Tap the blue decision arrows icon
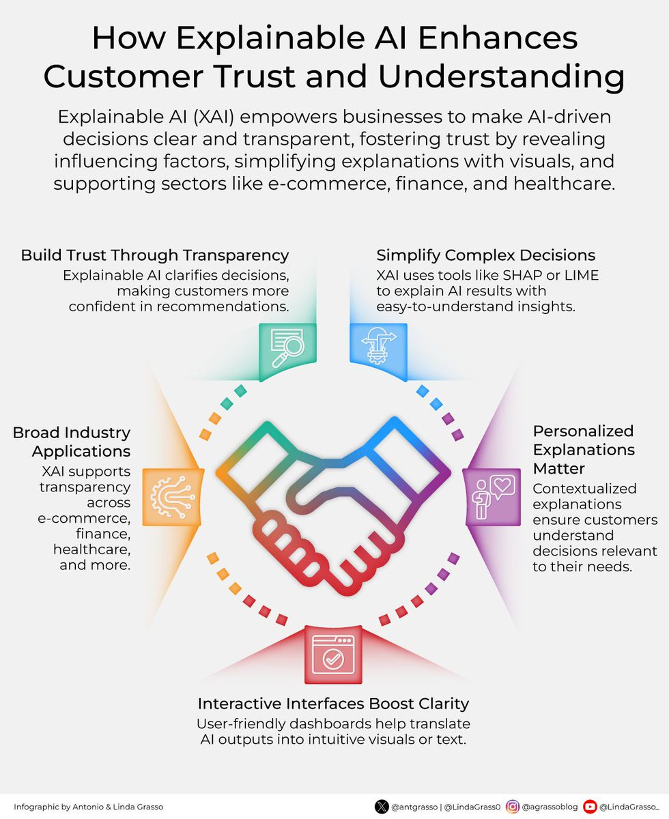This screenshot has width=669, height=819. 379,345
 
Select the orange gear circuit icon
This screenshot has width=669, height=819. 172,497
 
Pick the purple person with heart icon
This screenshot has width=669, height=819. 493,497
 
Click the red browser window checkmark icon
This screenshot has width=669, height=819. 333,655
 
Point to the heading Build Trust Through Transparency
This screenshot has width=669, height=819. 155,255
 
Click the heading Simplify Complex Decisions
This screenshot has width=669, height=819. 485,255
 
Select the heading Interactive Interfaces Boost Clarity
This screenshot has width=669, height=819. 333,704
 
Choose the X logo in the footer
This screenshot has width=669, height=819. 382,807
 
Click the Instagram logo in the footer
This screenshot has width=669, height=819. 513,807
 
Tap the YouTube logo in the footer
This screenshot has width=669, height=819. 590,807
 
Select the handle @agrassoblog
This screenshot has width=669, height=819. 550,807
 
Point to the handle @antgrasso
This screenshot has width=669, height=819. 414,807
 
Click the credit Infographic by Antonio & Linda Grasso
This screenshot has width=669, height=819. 89,807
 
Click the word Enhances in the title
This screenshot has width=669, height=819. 498,38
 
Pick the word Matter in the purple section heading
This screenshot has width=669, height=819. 558,469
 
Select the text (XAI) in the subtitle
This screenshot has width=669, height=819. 213,117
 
